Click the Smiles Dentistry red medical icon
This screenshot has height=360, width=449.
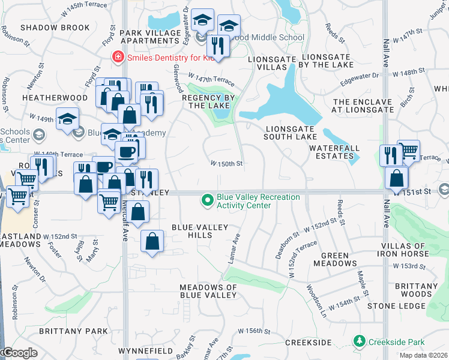pos(118,57)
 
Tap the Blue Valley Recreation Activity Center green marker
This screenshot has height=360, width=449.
pos(208,199)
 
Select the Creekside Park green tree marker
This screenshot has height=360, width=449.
pos(360,341)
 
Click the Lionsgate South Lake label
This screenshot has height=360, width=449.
pos(291,132)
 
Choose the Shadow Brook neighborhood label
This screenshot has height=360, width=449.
pos(55,28)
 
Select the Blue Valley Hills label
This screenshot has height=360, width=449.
pos(200,231)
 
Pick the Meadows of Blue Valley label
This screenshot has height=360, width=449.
pos(208,291)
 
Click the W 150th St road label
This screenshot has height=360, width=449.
pos(226,163)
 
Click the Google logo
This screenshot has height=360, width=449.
pos(19,353)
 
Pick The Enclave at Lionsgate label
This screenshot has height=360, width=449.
pos(364,106)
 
